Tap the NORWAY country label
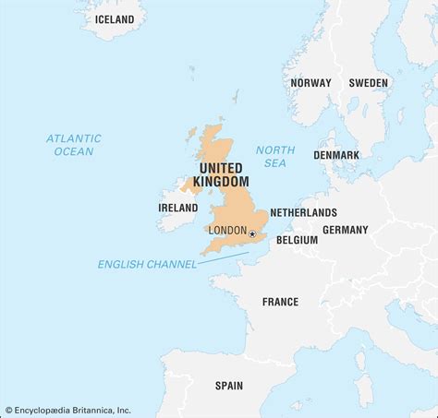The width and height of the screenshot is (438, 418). point(310,83)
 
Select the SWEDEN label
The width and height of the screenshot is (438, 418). point(369,83)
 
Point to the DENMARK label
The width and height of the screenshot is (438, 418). point(336,155)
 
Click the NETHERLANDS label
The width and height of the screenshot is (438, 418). point(303,212)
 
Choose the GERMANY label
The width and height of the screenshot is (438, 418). point(345,230)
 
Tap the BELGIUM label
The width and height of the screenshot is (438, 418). point(297,240)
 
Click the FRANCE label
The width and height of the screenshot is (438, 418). point(280,302)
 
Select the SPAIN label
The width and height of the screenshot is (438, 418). point(229,386)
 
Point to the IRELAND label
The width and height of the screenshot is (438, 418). point(177,209)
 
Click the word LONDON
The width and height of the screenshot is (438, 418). point(227,231)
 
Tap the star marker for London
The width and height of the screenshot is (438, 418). point(251,234)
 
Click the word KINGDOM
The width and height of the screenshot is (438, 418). point(223,183)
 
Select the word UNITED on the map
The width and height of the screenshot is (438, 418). point(221,168)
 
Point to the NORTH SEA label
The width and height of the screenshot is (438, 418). point(275,156)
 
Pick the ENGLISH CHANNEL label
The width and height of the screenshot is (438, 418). point(147,265)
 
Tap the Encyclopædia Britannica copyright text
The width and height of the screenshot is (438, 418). point(68,410)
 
